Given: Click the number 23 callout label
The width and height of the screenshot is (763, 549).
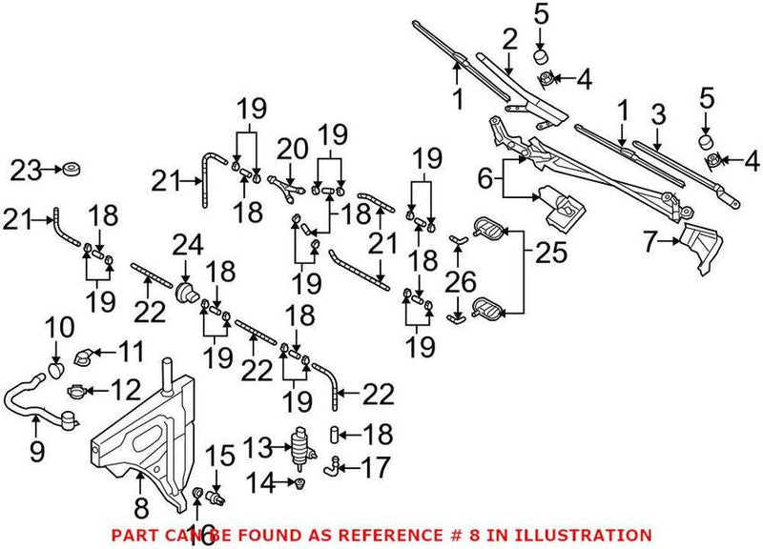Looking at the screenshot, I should coord(28,173).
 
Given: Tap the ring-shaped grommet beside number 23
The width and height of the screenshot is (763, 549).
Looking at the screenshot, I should coord(69,173).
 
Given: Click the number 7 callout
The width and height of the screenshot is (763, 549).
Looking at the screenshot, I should coord(650,244).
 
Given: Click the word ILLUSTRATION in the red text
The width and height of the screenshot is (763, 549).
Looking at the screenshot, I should coord(586,535).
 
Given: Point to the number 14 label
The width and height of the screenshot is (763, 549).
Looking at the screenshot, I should coord(258,483).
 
